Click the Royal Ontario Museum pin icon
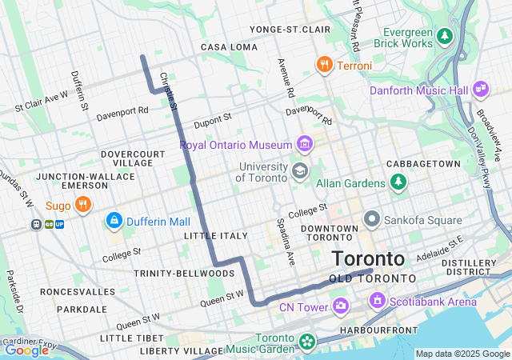[304, 144]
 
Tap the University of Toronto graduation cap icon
[300, 170]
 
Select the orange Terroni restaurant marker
[324, 65]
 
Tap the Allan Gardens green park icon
[398, 182]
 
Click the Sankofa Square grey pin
[371, 218]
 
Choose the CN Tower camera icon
[342, 306]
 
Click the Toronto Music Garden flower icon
[306, 342]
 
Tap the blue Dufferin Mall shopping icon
[114, 220]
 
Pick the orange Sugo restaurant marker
[82, 206]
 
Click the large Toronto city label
[368, 258]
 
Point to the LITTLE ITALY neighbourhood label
[215, 236]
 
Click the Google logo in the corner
[26, 350]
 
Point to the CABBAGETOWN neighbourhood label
[423, 163]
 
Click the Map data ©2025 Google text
[462, 354]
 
